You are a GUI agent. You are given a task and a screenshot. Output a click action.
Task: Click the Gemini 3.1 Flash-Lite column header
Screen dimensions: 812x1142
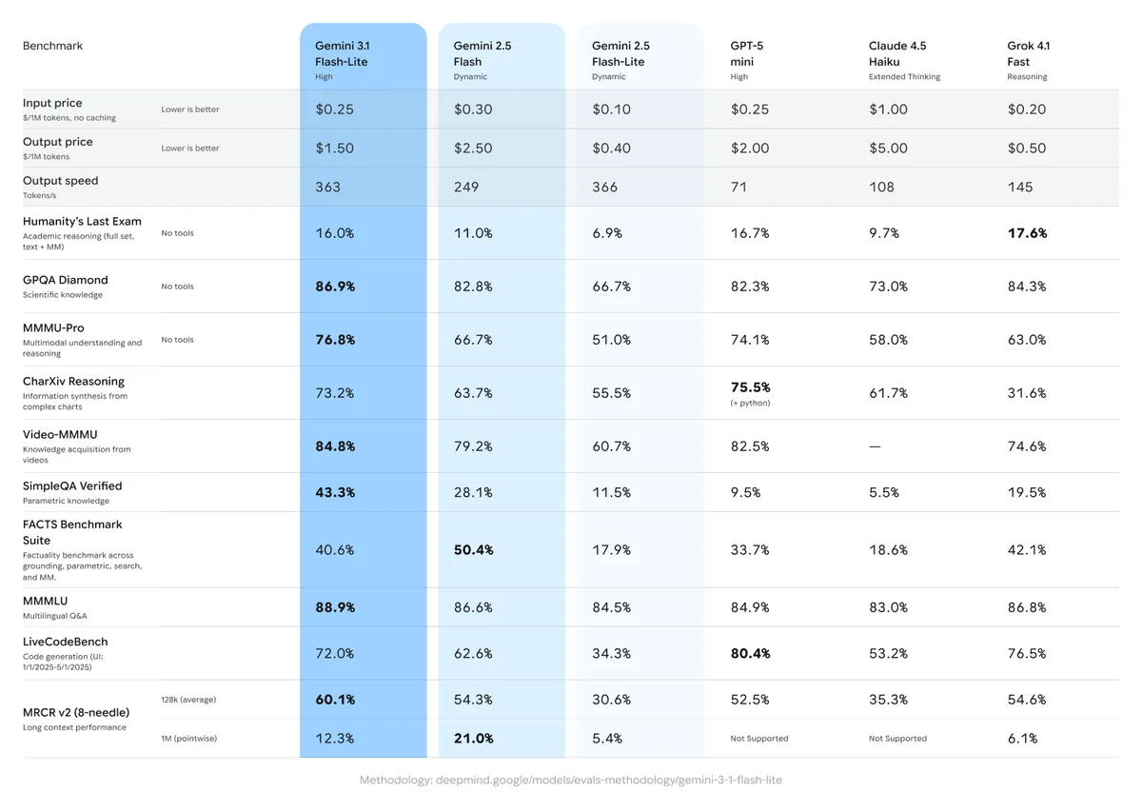point(342,54)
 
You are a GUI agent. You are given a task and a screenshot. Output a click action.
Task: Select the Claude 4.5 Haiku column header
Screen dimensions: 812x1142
point(897,54)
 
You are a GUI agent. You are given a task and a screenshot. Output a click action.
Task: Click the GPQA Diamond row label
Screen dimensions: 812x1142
point(66,280)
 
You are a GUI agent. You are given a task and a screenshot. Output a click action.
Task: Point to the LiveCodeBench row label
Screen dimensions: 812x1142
point(66,642)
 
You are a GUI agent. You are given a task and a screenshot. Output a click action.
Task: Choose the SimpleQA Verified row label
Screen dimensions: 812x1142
point(72,485)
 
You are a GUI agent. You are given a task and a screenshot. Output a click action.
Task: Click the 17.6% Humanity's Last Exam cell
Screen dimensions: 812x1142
point(1027,233)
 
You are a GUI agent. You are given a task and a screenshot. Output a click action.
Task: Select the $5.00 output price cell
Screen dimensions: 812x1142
point(888,149)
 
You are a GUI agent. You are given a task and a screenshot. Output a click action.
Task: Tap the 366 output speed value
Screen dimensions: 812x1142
point(604,188)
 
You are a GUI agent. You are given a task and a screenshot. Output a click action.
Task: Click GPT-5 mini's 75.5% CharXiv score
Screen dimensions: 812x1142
point(750,387)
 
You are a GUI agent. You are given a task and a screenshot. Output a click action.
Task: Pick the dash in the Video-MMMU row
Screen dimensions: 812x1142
point(875,446)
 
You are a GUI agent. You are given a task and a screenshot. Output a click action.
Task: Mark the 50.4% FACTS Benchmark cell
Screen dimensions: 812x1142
point(473,550)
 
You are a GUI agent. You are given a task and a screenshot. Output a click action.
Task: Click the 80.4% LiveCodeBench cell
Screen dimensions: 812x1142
point(750,654)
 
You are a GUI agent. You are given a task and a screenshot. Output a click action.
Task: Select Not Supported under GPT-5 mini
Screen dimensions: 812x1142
point(758,739)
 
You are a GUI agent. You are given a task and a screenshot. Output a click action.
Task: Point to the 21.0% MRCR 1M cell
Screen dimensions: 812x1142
point(473,739)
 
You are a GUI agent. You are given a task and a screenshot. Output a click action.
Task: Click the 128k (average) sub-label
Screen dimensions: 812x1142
point(188,700)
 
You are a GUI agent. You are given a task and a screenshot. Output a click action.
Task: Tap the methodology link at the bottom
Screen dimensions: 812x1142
point(570,781)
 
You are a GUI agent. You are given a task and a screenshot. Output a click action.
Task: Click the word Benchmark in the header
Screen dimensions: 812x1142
point(53,46)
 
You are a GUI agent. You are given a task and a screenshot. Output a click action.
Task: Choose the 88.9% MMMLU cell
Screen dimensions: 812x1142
point(335,607)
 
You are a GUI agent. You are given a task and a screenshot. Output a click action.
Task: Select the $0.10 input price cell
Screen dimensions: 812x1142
point(611,109)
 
